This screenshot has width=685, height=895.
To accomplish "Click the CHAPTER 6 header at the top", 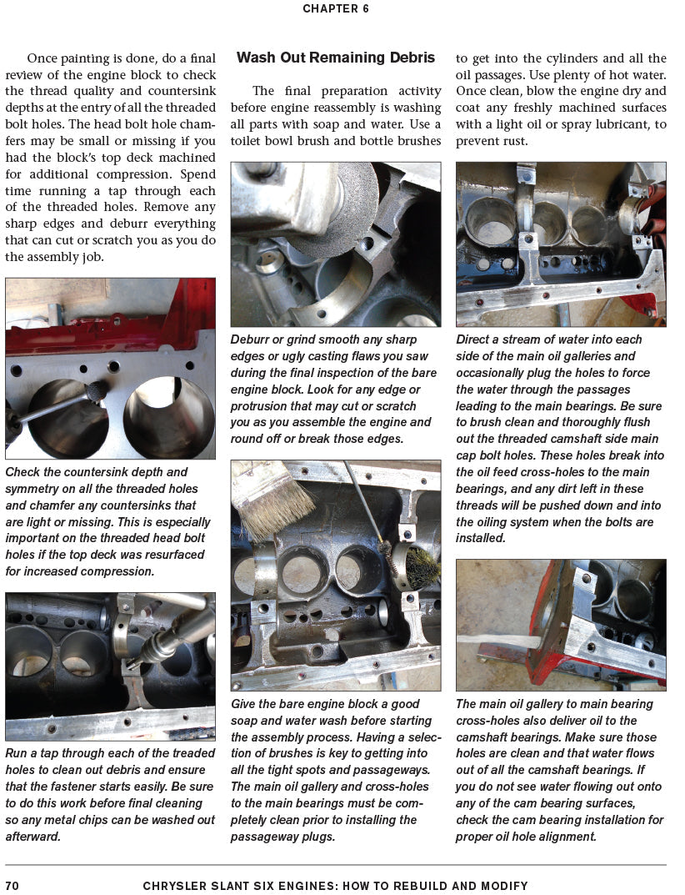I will [335, 9].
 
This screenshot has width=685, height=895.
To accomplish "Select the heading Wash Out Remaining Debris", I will [335, 58].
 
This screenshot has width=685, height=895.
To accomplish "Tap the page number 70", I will [12, 885].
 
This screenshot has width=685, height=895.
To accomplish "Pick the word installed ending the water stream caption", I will [481, 538].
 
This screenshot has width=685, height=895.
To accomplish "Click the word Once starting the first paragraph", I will [42, 58].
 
